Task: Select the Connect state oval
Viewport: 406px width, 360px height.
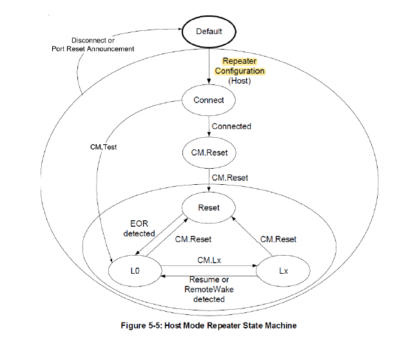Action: [209, 100]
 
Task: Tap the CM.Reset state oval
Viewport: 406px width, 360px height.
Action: [209, 153]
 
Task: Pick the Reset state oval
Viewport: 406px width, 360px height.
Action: [209, 207]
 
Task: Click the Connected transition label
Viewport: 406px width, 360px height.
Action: [231, 126]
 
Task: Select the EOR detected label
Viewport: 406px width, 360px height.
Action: [139, 229]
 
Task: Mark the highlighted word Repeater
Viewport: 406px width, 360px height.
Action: [240, 61]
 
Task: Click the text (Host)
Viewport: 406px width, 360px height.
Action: [240, 81]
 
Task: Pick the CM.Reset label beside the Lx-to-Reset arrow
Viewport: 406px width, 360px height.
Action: [278, 239]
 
